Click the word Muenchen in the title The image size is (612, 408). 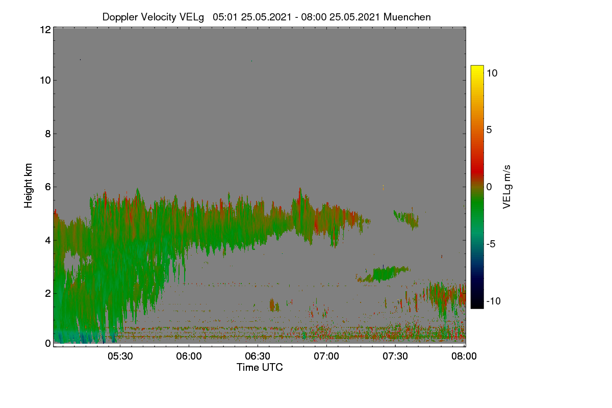[x=407, y=17]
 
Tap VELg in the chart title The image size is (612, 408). [x=192, y=17]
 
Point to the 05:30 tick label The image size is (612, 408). [x=120, y=356]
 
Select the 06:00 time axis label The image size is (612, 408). [x=189, y=356]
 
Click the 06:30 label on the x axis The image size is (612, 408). [x=258, y=356]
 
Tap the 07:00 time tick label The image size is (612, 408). [x=326, y=356]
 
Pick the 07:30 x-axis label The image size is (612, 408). [x=395, y=356]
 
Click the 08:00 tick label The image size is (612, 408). [x=464, y=356]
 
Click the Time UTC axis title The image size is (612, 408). [x=260, y=367]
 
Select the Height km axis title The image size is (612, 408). [x=28, y=186]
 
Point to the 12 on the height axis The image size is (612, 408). [x=45, y=30]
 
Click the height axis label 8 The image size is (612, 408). [x=48, y=134]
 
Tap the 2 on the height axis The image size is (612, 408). [x=48, y=293]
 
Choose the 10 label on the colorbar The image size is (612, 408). [x=492, y=73]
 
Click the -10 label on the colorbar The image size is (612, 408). [x=494, y=301]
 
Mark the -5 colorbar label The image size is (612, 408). [x=491, y=244]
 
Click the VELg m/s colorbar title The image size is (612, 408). [x=506, y=187]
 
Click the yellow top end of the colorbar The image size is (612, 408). [x=477, y=66]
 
